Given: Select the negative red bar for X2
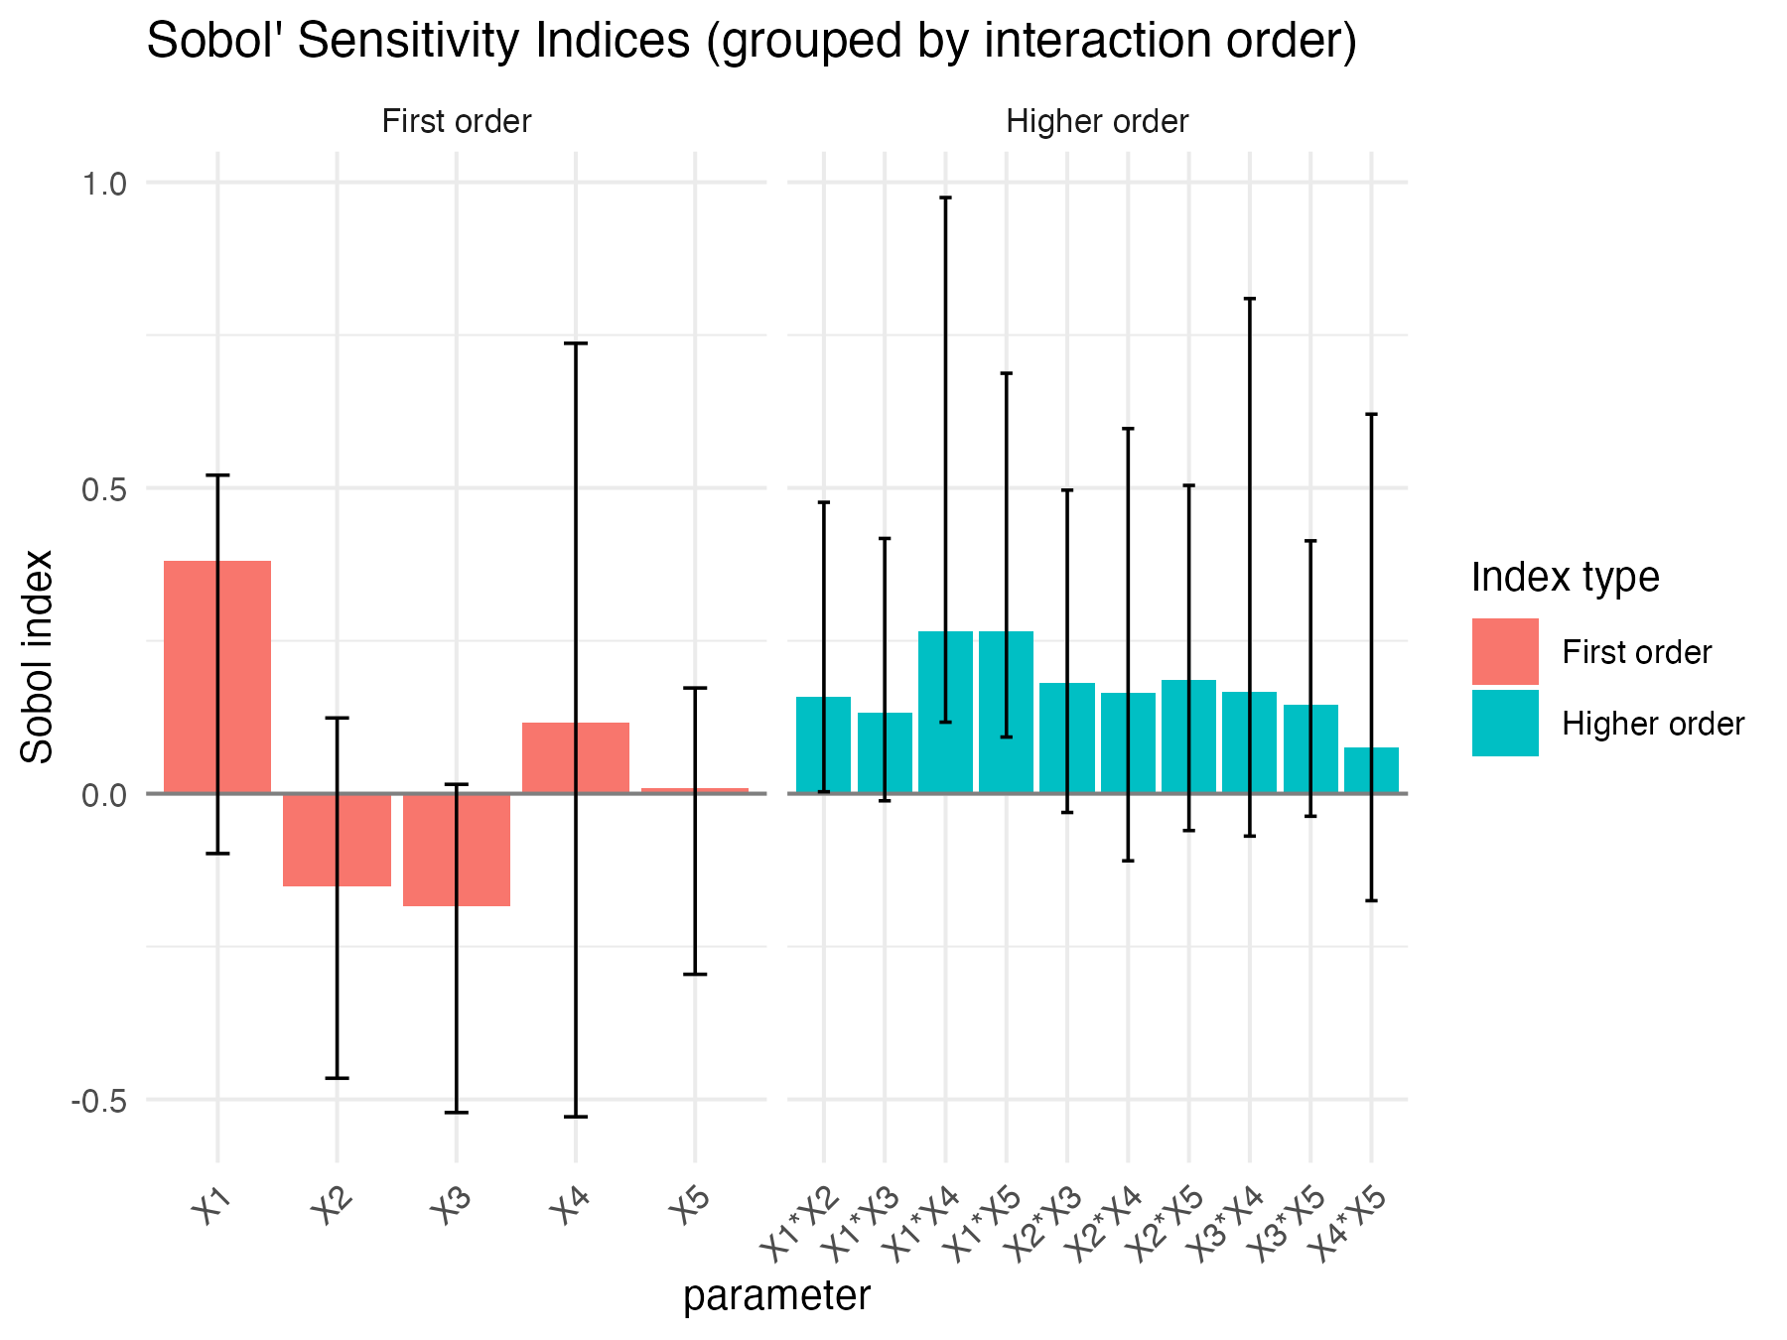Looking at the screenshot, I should (x=337, y=840).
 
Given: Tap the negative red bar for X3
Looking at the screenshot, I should (x=456, y=850).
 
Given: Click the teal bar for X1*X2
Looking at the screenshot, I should (x=823, y=744).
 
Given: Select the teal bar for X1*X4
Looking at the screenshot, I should (x=945, y=712).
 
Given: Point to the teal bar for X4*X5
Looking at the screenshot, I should (x=1371, y=770).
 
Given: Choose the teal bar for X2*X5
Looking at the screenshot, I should (x=1188, y=737).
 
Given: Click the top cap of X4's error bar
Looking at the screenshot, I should (x=575, y=343).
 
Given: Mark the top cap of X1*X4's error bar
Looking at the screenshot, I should (x=945, y=198).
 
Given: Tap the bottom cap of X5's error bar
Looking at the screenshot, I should (x=695, y=974).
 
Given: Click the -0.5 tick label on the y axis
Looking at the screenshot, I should (x=98, y=1101).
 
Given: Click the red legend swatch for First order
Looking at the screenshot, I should (x=1504, y=651).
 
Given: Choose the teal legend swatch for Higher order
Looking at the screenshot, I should (x=1504, y=724).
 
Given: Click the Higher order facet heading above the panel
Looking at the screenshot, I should (x=1097, y=122).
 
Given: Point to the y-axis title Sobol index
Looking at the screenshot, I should (x=38, y=657).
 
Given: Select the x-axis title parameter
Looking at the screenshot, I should (x=776, y=1296).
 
